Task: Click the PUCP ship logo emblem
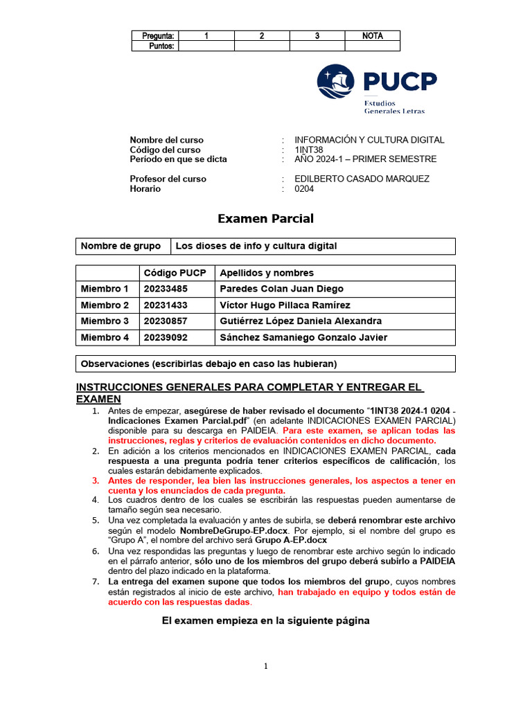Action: [x=335, y=82]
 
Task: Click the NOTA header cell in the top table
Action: [x=373, y=36]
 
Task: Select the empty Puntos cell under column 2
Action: [x=262, y=46]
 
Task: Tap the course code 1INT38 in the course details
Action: [x=309, y=150]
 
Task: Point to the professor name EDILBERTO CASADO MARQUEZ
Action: [x=362, y=179]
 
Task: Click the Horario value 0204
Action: [x=304, y=188]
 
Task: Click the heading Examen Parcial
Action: [x=265, y=219]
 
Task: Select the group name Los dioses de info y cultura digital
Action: [x=256, y=246]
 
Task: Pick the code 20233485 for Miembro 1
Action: [x=166, y=289]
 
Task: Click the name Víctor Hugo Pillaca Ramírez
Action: [x=285, y=305]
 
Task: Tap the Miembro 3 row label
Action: [x=105, y=321]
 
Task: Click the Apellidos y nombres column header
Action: [x=266, y=273]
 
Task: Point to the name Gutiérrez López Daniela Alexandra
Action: [x=300, y=321]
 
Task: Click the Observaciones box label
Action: [x=209, y=364]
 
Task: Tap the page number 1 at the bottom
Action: [x=265, y=666]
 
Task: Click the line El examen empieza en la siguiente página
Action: [x=265, y=621]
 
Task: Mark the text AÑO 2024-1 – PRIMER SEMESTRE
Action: [x=366, y=159]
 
